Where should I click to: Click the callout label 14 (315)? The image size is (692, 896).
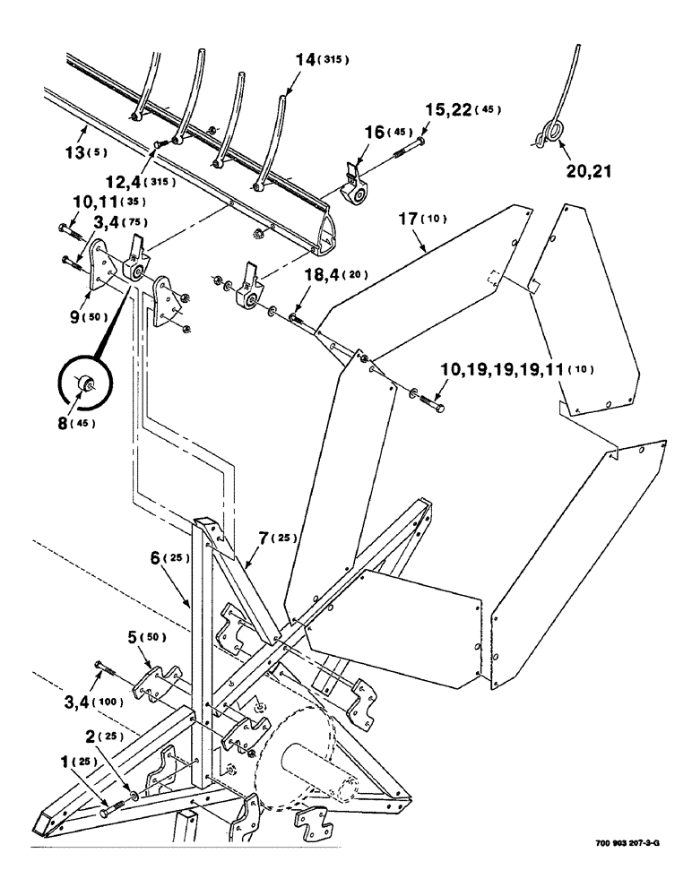tap(320, 60)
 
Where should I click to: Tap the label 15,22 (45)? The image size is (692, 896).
tap(463, 110)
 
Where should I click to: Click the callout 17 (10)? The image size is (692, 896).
tap(420, 218)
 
